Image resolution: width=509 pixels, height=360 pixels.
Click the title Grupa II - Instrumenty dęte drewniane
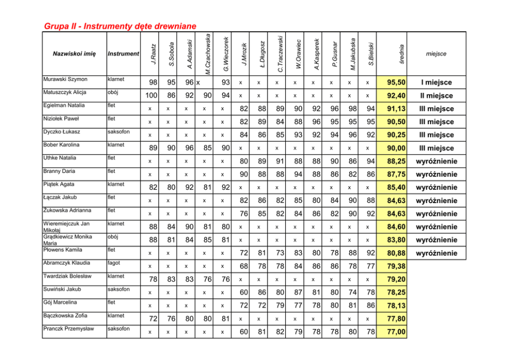tap(120, 26)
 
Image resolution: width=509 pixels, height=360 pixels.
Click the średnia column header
tap(402, 54)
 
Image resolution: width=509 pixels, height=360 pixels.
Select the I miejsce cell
tap(437, 83)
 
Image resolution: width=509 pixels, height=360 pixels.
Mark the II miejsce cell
tap(437, 96)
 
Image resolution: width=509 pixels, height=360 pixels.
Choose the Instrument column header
tap(123, 54)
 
